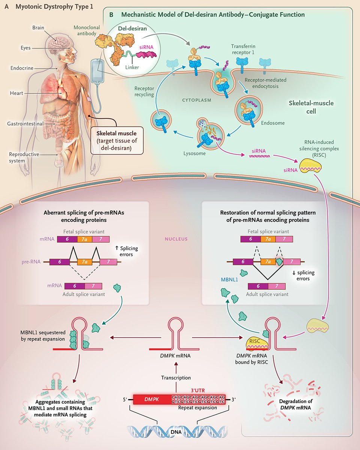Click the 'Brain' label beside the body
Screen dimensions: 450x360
[38, 28]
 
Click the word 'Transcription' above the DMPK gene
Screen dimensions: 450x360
[176, 378]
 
